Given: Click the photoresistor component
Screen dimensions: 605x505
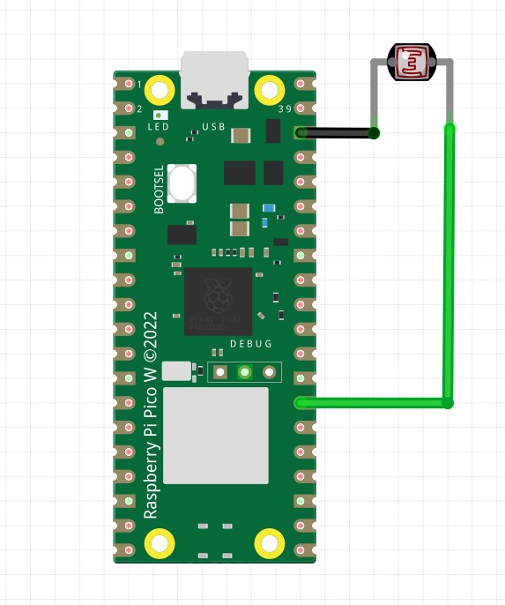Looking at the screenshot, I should click(x=412, y=63).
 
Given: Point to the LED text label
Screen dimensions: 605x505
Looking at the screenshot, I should click(x=158, y=127).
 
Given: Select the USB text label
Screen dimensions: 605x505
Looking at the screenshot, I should click(x=213, y=127).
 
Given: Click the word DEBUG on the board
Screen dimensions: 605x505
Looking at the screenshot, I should click(x=250, y=344).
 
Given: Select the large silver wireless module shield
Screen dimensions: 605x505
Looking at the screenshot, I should click(x=216, y=435).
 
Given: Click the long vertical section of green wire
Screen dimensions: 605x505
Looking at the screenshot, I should click(x=449, y=265).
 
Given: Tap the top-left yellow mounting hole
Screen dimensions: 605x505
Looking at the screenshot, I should click(x=160, y=89).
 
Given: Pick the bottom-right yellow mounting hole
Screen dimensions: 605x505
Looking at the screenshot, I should click(x=270, y=543).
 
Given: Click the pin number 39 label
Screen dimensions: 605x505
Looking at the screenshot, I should click(x=285, y=109).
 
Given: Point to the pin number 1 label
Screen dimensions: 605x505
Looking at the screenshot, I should click(x=139, y=85).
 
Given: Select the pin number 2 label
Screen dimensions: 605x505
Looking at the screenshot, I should click(x=139, y=109).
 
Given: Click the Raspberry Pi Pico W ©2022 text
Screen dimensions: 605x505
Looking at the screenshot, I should click(x=150, y=415).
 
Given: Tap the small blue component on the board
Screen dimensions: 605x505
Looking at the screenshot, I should click(x=269, y=208).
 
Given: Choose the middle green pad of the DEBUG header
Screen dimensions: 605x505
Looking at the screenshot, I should click(x=245, y=372).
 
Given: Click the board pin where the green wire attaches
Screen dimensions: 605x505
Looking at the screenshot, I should click(x=301, y=403).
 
